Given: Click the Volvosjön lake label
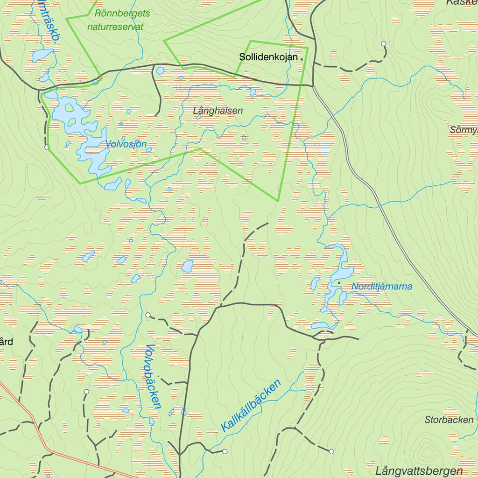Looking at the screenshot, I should click(x=126, y=144).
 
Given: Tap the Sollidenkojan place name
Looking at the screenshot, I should click(x=268, y=57).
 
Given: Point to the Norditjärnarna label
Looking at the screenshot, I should click(x=382, y=286).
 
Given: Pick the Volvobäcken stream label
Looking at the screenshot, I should click(x=153, y=376).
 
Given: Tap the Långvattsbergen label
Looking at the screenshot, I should click(x=419, y=471).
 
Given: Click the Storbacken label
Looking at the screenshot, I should click(x=449, y=420).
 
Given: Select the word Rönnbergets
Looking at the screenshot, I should click(x=122, y=14).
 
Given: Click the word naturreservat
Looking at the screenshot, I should click(x=115, y=27).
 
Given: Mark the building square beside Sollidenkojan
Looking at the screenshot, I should click(x=302, y=59).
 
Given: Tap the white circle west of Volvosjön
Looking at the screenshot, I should click(x=47, y=147).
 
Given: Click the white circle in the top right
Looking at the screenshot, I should click(x=384, y=43).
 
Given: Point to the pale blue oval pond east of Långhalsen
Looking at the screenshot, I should click(x=324, y=148).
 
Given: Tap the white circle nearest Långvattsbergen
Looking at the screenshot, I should click(x=331, y=451).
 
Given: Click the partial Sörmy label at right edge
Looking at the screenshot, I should click(x=464, y=130).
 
